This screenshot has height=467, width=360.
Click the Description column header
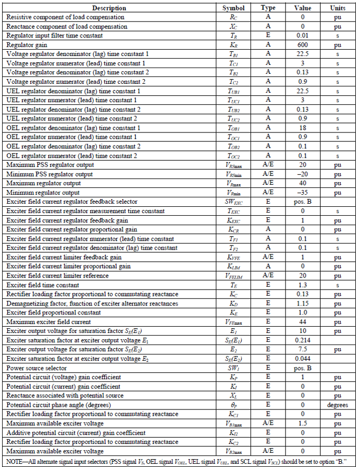tap(109, 8)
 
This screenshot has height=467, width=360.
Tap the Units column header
tap(338, 8)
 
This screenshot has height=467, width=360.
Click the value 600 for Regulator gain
tap(302, 45)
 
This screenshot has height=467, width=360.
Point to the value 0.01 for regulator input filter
tap(302, 36)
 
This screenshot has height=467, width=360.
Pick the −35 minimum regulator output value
tap(302, 193)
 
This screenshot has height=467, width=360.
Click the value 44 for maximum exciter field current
tap(302, 322)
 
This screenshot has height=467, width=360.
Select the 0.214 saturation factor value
tap(302, 340)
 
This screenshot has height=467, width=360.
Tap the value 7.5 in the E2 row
tap(302, 350)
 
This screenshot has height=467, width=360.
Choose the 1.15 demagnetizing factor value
tap(302, 304)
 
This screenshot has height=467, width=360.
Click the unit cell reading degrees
tap(338, 405)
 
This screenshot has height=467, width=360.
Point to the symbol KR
tap(233, 45)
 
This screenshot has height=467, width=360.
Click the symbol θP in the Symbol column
tap(233, 405)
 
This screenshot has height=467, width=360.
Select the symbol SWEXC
tap(233, 202)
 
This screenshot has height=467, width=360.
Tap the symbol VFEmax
tap(233, 322)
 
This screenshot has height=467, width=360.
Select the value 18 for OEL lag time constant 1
tap(302, 128)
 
